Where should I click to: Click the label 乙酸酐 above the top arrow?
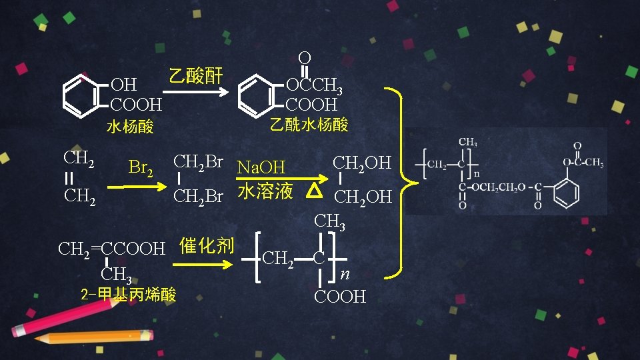pyautogui.click(x=195, y=75)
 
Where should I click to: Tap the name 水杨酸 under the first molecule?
pyautogui.click(x=130, y=127)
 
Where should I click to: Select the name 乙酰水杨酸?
pyautogui.click(x=309, y=125)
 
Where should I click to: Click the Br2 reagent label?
pyautogui.click(x=140, y=167)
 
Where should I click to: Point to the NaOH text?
pyautogui.click(x=261, y=167)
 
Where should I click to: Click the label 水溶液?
pyautogui.click(x=265, y=191)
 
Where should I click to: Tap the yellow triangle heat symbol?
pyautogui.click(x=316, y=191)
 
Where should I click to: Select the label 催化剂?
pyautogui.click(x=207, y=245)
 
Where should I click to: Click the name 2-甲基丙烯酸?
pyautogui.click(x=128, y=294)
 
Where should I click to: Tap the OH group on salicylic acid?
pyautogui.click(x=123, y=85)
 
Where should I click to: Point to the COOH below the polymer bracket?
pyautogui.click(x=339, y=296)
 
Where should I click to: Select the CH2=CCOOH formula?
pyautogui.click(x=111, y=249)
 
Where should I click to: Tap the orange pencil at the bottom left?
pyautogui.click(x=93, y=337)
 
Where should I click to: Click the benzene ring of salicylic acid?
pyautogui.click(x=83, y=95)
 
